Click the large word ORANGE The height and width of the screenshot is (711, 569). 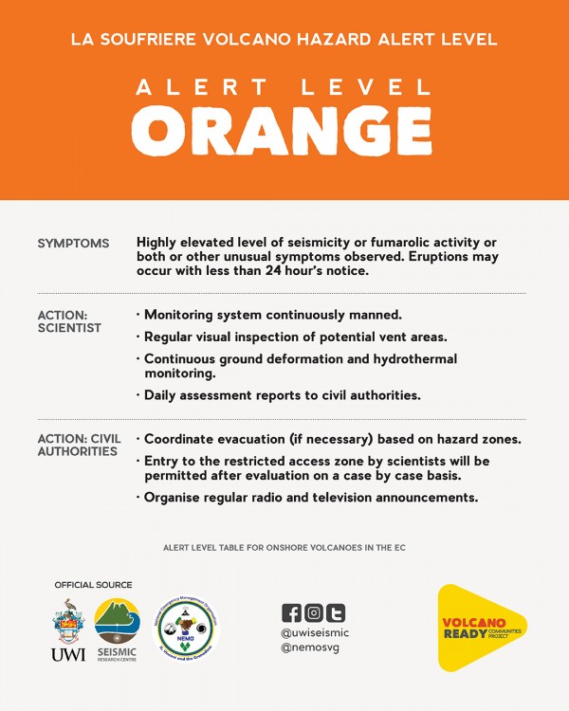284,132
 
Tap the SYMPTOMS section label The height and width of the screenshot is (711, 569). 73,244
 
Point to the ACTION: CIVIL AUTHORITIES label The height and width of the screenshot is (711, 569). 78,445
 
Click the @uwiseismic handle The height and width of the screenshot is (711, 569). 316,631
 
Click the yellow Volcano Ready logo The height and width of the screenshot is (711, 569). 481,627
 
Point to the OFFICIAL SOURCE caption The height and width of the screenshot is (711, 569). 93,585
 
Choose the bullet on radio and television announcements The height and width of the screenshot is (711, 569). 310,497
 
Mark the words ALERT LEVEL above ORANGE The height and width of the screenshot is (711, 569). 284,88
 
